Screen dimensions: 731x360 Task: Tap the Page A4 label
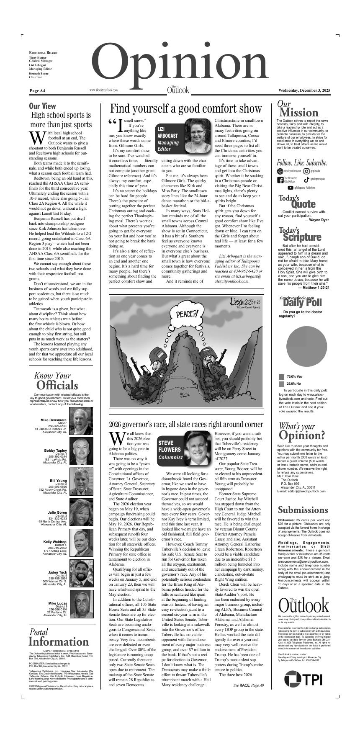[37, 90]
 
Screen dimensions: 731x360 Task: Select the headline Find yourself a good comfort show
[186, 109]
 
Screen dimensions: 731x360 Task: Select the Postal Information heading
[59, 637]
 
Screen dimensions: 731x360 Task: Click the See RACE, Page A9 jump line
[249, 685]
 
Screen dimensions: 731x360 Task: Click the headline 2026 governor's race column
[186, 424]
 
